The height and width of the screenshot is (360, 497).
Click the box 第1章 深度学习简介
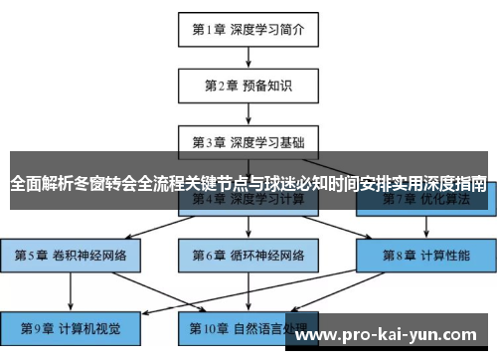point(248,29)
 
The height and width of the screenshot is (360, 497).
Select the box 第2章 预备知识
point(248,85)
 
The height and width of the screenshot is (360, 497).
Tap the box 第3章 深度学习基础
point(248,141)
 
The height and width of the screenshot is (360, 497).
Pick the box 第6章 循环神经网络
point(248,255)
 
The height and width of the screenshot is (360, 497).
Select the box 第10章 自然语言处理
point(248,325)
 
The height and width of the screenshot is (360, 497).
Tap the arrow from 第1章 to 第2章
point(248,57)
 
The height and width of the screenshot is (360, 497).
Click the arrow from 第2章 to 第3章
point(248,113)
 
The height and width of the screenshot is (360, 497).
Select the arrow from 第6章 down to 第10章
point(248,289)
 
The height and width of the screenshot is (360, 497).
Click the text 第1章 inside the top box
point(210,29)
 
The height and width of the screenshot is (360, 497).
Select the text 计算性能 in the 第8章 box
point(445,255)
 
